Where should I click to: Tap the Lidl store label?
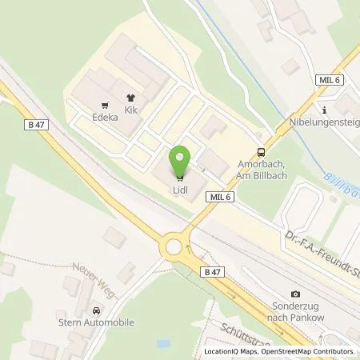[x=181, y=190]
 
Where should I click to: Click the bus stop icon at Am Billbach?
[x=261, y=153]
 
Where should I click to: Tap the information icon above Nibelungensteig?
[x=324, y=110]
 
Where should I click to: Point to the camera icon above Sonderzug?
[x=297, y=294]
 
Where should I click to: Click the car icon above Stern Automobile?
[x=97, y=310]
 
